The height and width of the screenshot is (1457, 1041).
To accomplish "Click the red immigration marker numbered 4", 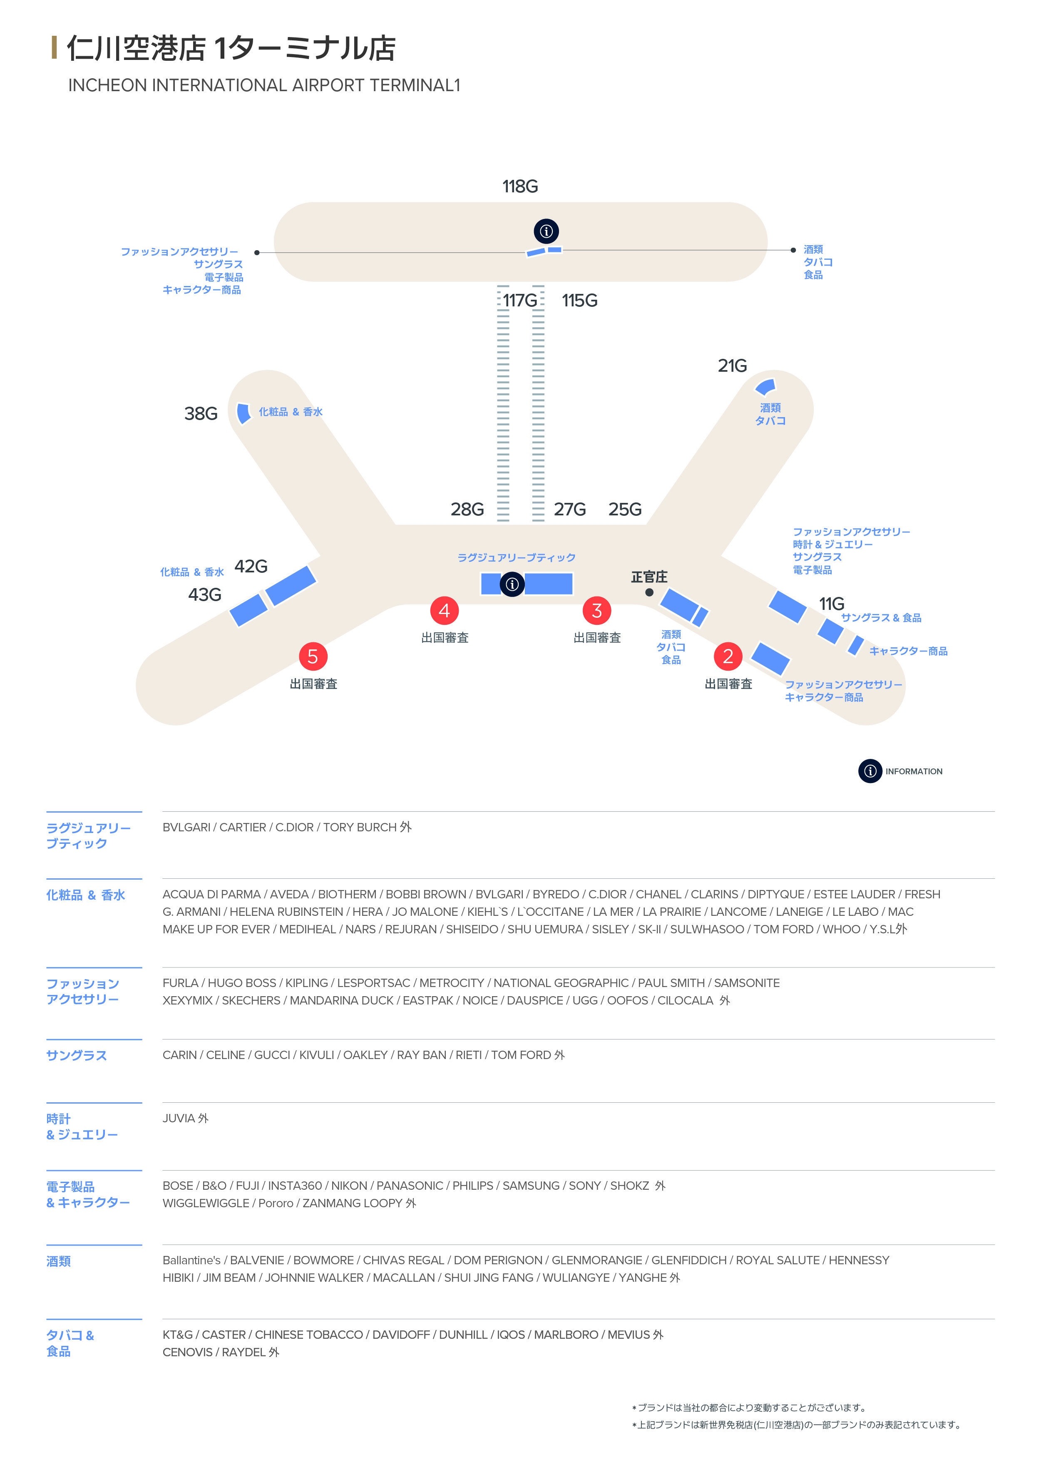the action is pos(444,610).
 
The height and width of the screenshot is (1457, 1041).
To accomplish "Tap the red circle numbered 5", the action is pos(313,656).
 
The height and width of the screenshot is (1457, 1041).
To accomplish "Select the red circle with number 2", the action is pos(728,656).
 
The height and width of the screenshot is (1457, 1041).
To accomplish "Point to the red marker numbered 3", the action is pos(597,610).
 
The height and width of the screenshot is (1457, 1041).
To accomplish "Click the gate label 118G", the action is pos(520,186).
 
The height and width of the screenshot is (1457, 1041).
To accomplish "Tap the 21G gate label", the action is pos(732,365).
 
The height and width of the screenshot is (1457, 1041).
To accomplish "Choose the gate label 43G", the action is pos(204,595).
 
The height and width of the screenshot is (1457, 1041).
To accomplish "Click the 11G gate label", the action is pos(831,604).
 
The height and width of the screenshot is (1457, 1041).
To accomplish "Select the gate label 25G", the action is pos(625,509).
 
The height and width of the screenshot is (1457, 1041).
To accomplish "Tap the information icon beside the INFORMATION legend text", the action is pos(870,771).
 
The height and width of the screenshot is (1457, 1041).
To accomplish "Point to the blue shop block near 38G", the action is pos(243,413).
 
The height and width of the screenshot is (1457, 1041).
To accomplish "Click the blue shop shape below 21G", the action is pos(766,387).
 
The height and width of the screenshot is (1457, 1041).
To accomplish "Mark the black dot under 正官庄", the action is pos(649,592).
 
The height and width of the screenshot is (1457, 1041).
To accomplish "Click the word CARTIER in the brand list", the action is pos(242,828).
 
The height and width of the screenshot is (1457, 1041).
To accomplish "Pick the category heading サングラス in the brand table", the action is pos(76,1056).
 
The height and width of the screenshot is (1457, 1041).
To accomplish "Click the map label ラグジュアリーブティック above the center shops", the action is pos(516,558).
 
